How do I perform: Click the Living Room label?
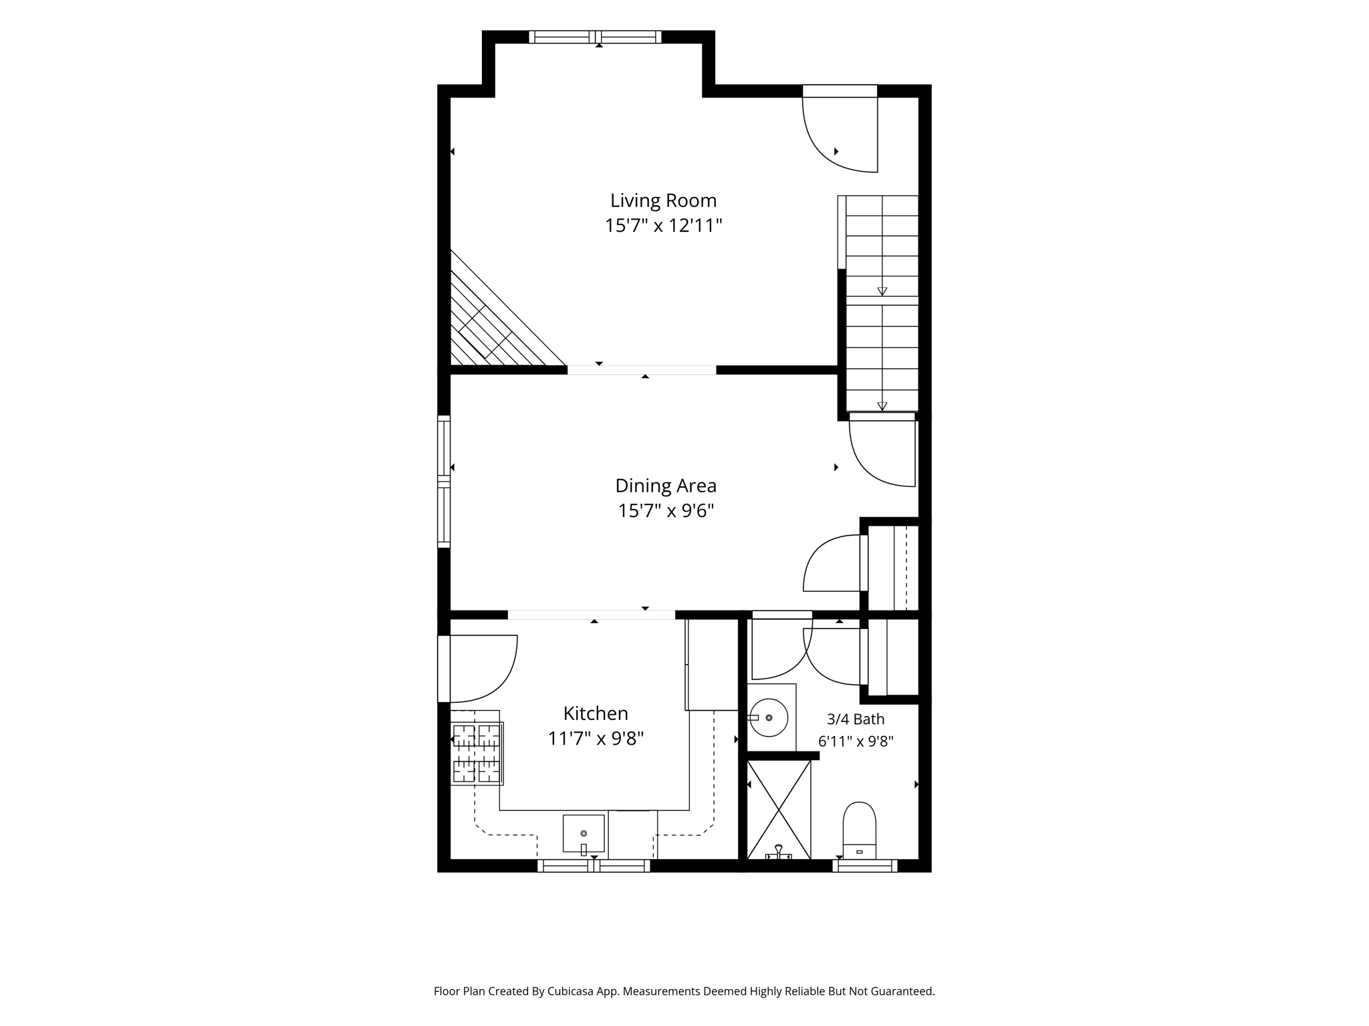[663, 200]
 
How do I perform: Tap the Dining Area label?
[666, 486]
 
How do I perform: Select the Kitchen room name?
[596, 713]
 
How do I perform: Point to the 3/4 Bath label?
[856, 719]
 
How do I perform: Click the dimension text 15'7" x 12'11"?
[664, 226]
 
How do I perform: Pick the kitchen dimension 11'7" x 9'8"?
[596, 739]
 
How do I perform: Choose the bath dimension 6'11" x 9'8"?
[856, 741]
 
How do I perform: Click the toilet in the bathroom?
[859, 830]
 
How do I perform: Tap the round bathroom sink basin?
[769, 717]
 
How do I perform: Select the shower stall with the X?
[779, 810]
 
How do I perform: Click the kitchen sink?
[584, 834]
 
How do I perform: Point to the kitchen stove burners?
[477, 753]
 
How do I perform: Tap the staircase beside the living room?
[878, 303]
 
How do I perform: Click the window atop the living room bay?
[595, 37]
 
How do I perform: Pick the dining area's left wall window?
[444, 482]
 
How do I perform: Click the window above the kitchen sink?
[594, 866]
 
